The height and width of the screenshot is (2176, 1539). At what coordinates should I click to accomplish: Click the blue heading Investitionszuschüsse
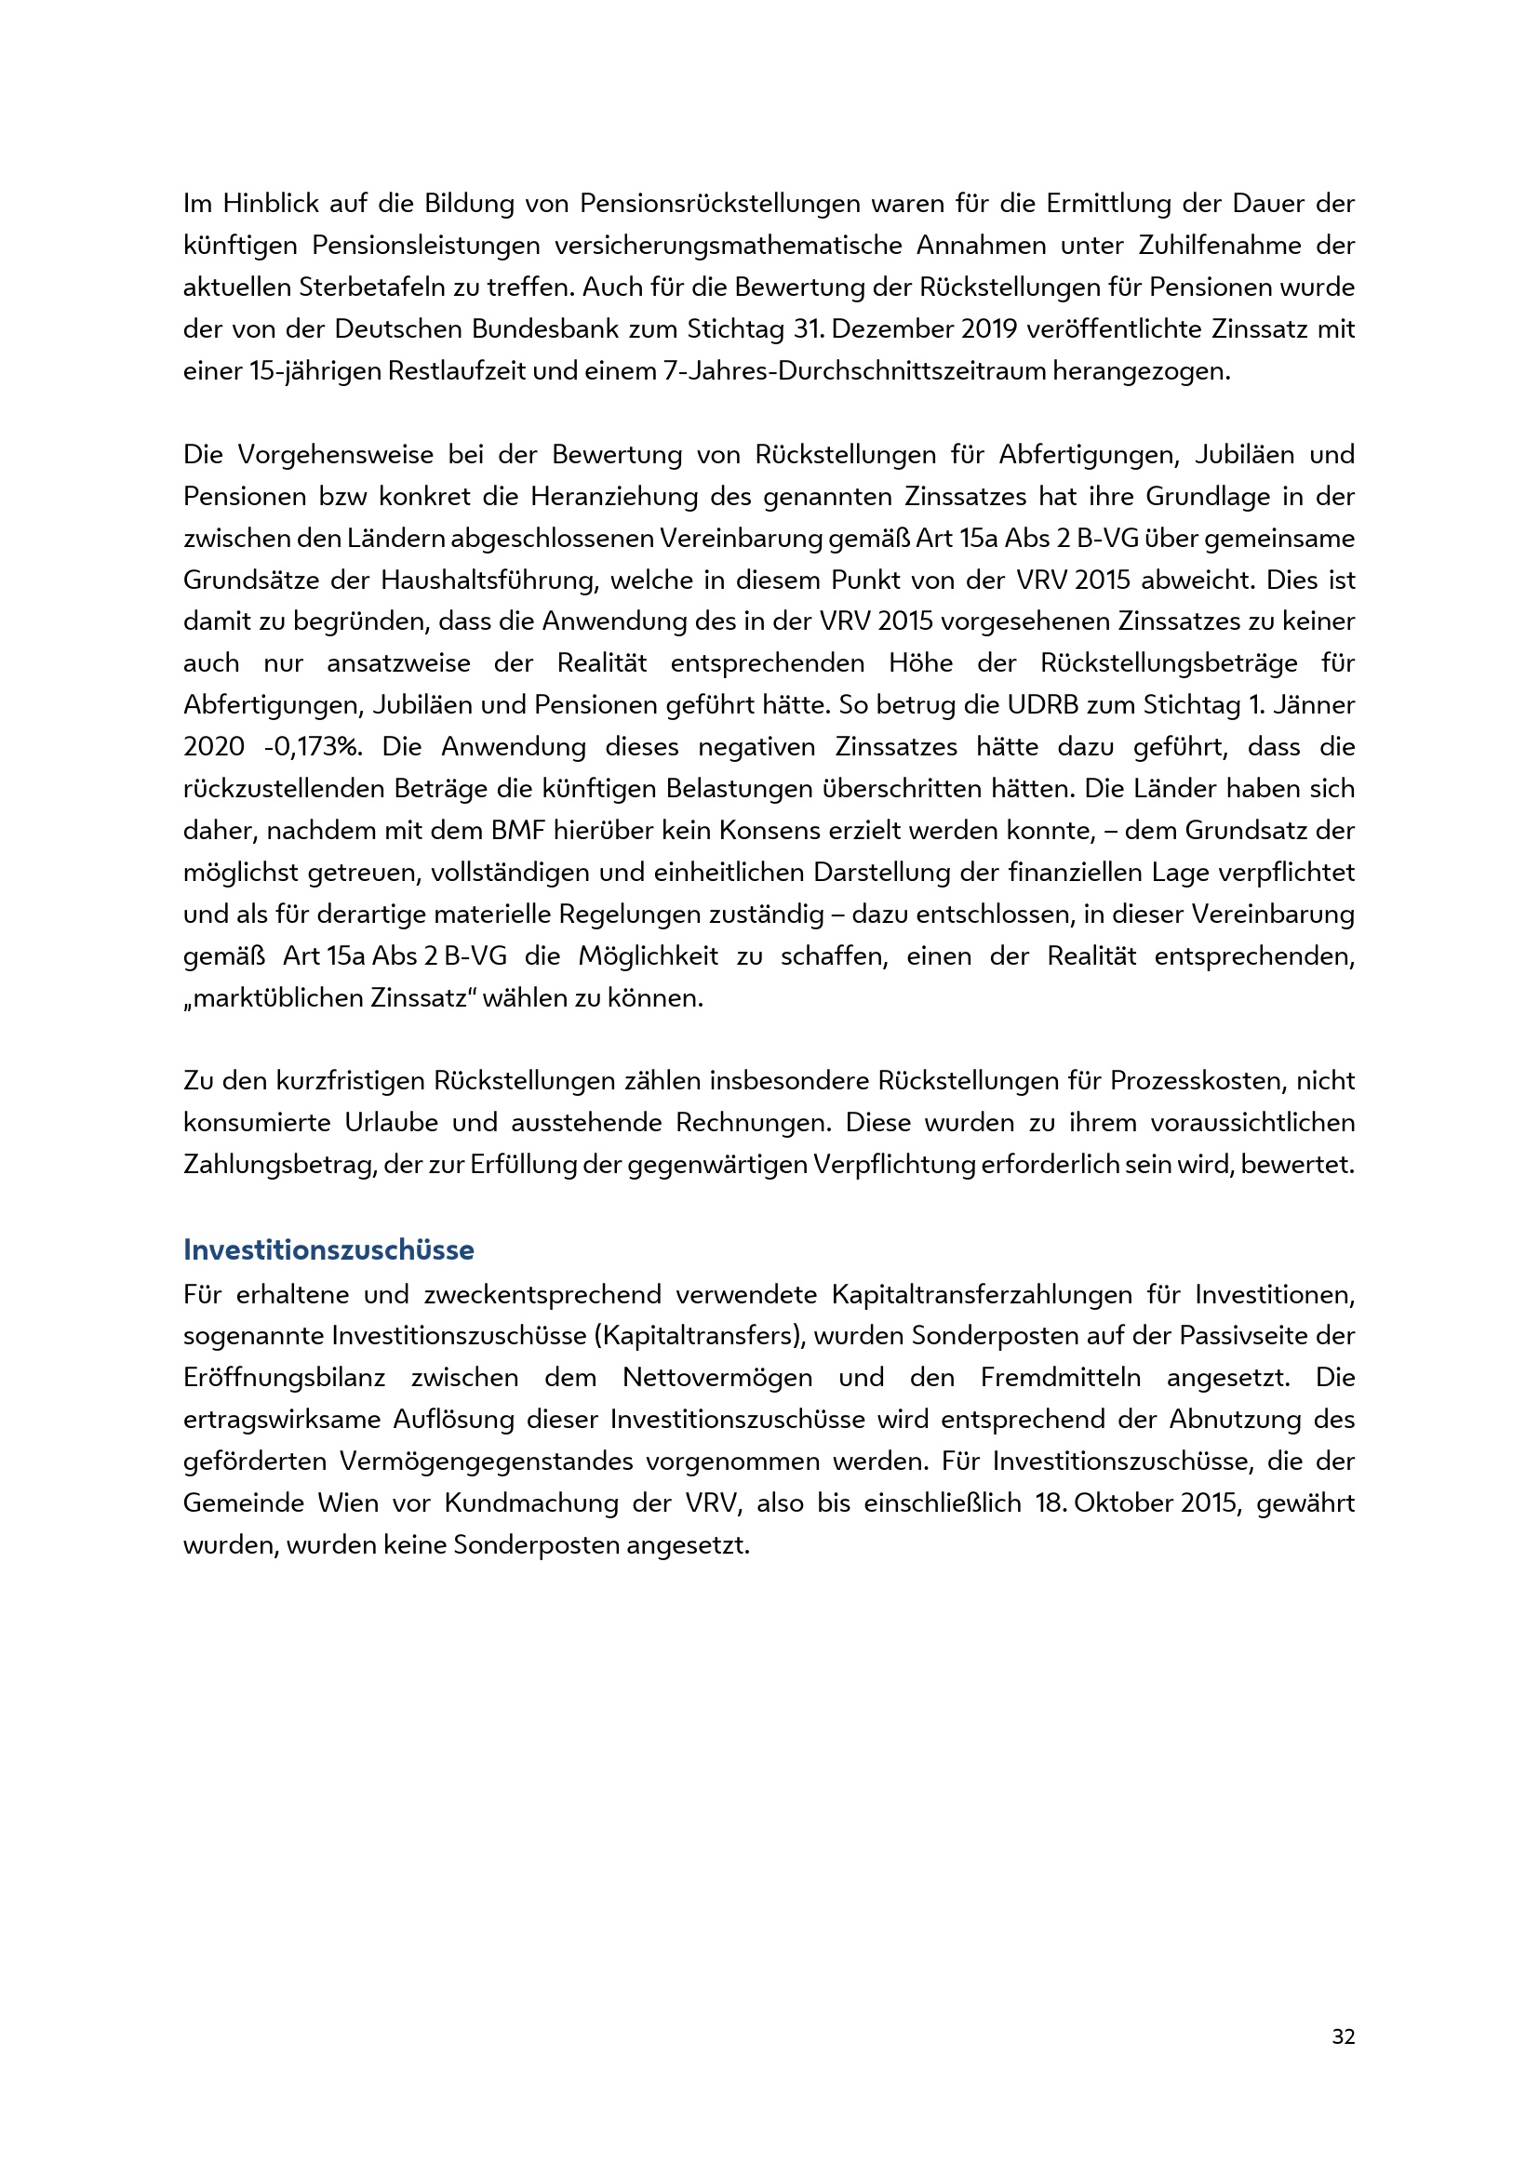click(x=328, y=1250)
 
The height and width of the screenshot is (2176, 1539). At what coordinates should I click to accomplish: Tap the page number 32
click(x=1343, y=2036)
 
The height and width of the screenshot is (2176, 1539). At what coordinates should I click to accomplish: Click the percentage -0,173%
click(x=314, y=747)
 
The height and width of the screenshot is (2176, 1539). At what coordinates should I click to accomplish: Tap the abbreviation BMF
click(x=517, y=830)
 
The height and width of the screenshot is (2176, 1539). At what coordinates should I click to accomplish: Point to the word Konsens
click(x=769, y=830)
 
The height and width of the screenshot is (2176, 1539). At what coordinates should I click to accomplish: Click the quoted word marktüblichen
click(x=278, y=998)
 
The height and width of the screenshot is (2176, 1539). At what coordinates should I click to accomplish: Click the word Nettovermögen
click(x=716, y=1377)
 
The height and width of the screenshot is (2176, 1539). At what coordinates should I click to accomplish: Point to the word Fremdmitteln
click(x=1061, y=1377)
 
